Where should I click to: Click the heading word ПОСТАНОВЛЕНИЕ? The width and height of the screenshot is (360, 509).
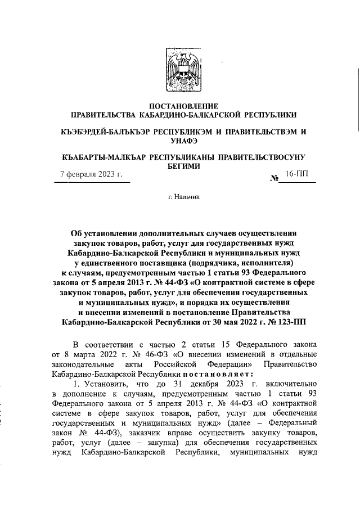pos(179,105)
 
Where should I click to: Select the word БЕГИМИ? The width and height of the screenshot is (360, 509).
pos(179,166)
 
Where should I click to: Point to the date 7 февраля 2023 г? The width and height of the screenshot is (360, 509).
pos(92,175)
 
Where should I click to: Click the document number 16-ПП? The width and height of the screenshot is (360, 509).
pos(298,175)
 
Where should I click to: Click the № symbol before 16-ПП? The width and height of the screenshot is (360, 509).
pos(276,179)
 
